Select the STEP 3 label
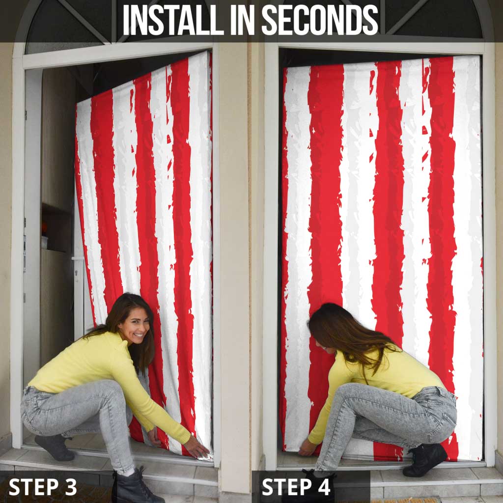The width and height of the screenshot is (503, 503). coord(43,487)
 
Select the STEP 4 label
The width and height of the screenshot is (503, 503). coord(296,487)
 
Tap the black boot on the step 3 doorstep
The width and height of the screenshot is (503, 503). coord(55,447)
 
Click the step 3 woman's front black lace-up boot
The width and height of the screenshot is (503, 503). coord(137,487)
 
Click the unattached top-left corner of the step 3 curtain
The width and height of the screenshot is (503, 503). coord(77,103)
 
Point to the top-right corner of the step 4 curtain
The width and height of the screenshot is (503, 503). coord(479,56)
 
